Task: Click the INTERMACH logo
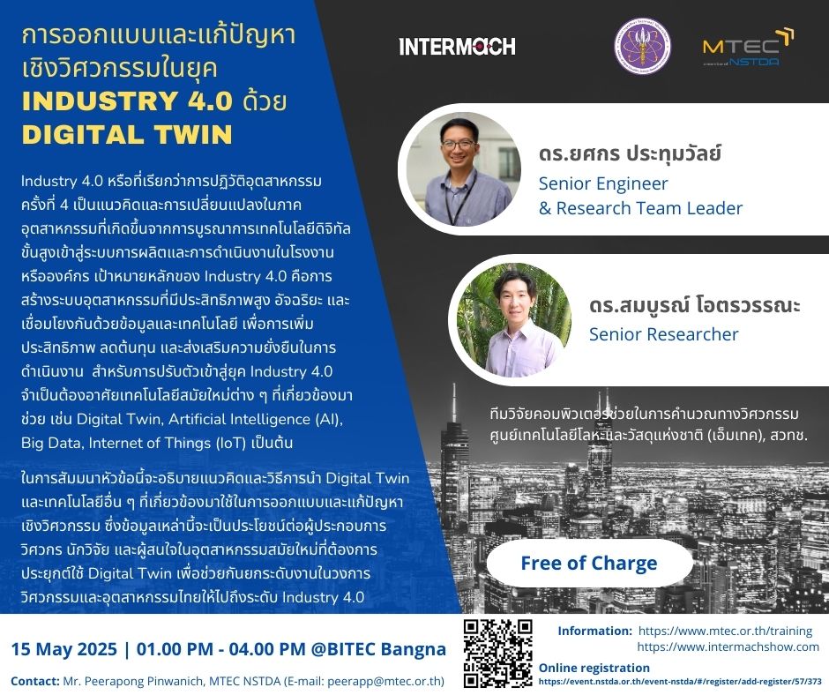[457, 46]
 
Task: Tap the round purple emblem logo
[642, 46]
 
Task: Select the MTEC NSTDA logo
[748, 48]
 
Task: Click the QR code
[497, 654]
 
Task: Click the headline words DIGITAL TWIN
[127, 134]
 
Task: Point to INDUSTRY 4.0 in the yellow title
[127, 101]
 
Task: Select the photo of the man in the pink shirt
[513, 320]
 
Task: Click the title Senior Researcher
[663, 334]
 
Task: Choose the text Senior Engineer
[603, 183]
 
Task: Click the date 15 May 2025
[64, 649]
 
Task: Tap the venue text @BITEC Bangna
[378, 649]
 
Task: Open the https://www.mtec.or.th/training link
[725, 631]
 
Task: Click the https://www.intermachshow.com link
[728, 646]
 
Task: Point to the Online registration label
[594, 668]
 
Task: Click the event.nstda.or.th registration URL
[681, 682]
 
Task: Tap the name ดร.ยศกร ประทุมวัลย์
[630, 153]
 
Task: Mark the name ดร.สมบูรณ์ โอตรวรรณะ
[695, 305]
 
